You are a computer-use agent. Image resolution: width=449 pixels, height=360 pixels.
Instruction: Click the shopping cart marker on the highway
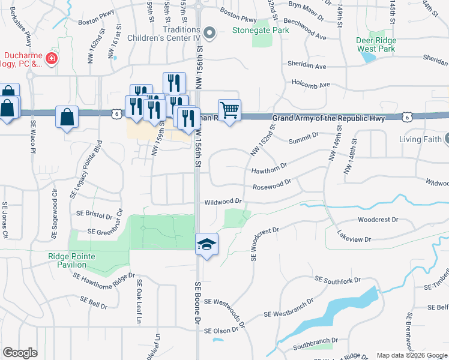pos(229,110)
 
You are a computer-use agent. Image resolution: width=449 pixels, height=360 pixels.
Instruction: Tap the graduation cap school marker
pos(206,244)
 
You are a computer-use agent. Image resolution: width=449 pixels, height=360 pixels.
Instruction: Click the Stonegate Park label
pos(261,28)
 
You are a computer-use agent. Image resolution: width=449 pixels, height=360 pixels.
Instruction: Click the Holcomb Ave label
pos(311,85)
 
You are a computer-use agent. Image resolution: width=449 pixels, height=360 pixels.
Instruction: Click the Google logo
pos(20,353)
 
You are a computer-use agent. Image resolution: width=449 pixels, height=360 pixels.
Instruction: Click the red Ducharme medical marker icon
pos(52,58)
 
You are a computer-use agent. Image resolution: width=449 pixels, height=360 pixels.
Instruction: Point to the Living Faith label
pos(420,140)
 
